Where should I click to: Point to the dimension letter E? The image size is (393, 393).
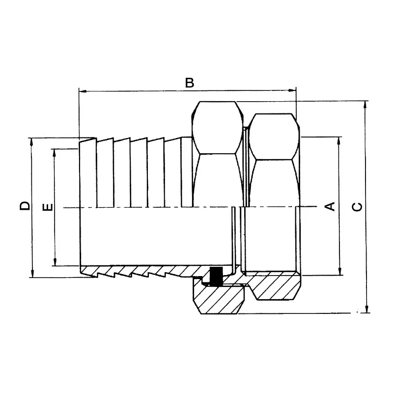coord(48,207)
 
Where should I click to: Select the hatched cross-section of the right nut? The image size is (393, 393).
coord(275,287)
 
